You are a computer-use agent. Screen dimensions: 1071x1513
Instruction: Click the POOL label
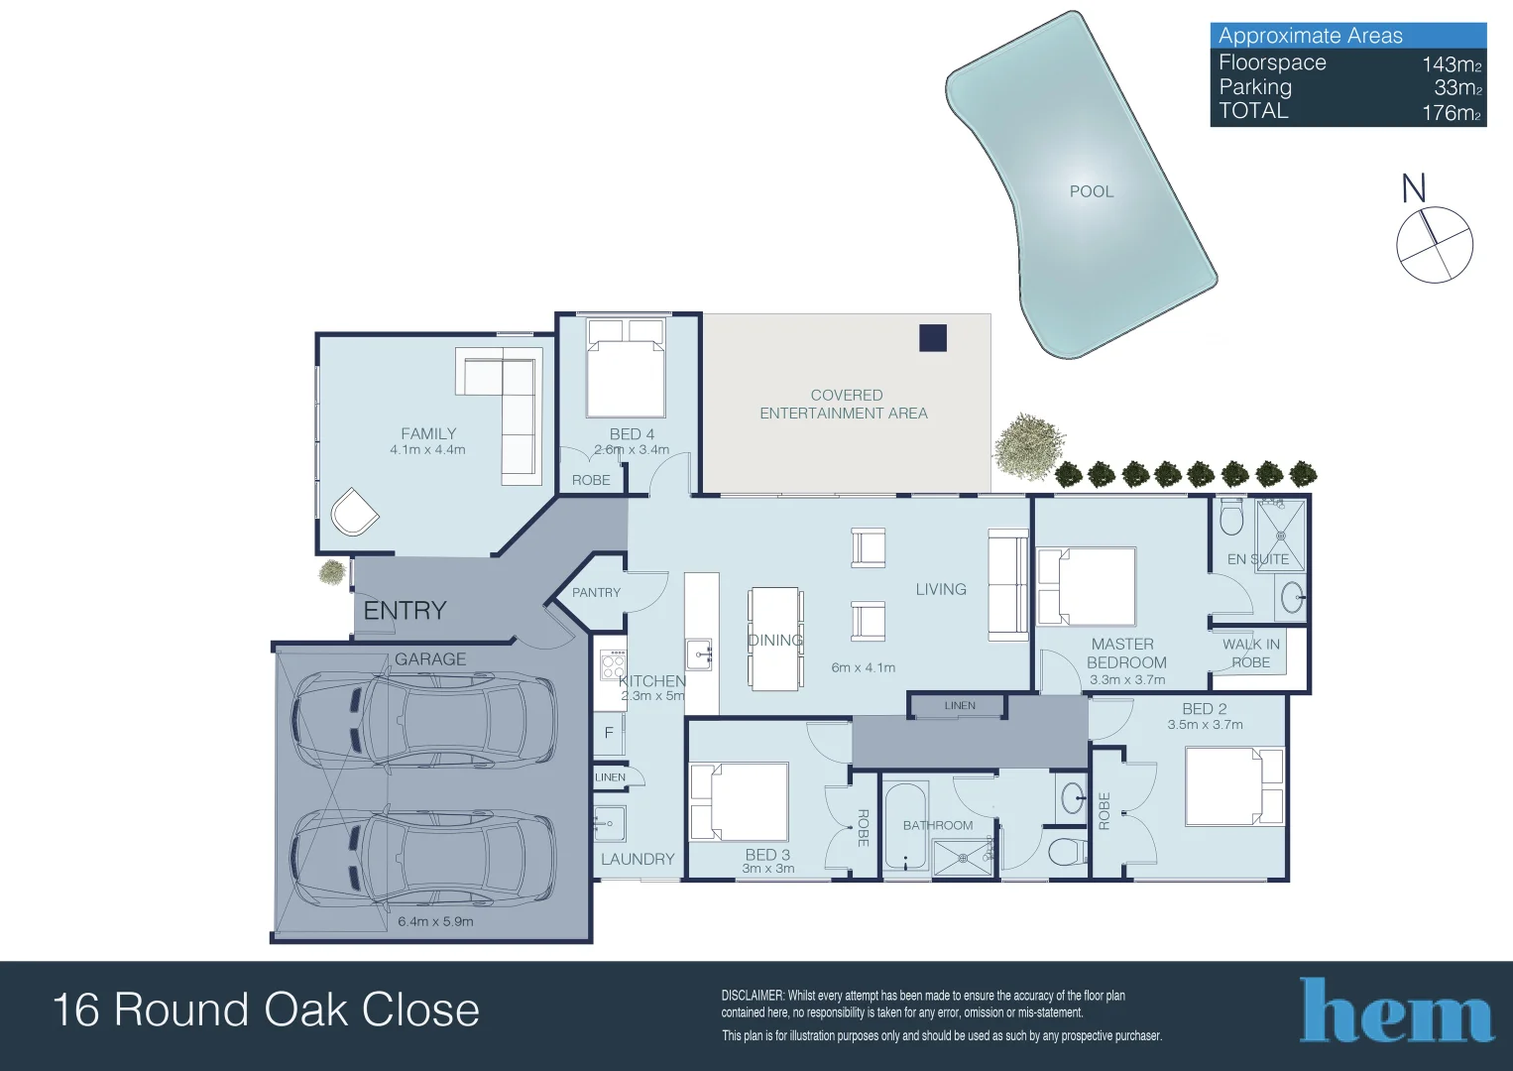pyautogui.click(x=1091, y=191)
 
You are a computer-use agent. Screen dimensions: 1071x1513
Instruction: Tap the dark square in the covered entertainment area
pyautogui.click(x=933, y=338)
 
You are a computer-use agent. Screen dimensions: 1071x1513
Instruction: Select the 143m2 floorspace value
pyautogui.click(x=1451, y=64)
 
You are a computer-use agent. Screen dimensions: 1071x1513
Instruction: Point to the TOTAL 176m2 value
pyautogui.click(x=1451, y=113)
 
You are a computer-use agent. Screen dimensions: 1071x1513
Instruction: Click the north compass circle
pyautogui.click(x=1434, y=245)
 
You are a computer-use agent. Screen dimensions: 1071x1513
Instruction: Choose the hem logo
pyautogui.click(x=1396, y=1011)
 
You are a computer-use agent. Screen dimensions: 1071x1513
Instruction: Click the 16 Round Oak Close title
pyautogui.click(x=266, y=1010)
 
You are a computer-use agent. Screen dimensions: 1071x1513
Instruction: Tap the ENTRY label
pyautogui.click(x=405, y=610)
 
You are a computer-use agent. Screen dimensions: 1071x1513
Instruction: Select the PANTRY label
pyautogui.click(x=596, y=592)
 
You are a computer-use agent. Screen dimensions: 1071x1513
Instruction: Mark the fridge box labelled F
pyautogui.click(x=608, y=733)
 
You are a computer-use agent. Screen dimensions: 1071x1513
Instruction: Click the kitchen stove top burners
pyautogui.click(x=613, y=664)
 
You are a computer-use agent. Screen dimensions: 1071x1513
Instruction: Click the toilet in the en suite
pyautogui.click(x=1231, y=517)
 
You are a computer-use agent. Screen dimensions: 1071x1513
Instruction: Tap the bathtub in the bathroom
pyautogui.click(x=905, y=826)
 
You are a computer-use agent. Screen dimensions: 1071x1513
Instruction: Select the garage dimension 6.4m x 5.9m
pyautogui.click(x=435, y=921)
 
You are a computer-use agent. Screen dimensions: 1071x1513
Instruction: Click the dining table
pyautogui.click(x=774, y=639)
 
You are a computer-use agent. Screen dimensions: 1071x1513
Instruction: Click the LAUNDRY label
pyautogui.click(x=638, y=859)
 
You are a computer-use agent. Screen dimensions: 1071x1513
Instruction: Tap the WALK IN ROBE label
pyautogui.click(x=1250, y=653)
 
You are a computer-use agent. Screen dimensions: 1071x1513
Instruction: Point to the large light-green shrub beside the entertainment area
pyautogui.click(x=1028, y=447)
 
